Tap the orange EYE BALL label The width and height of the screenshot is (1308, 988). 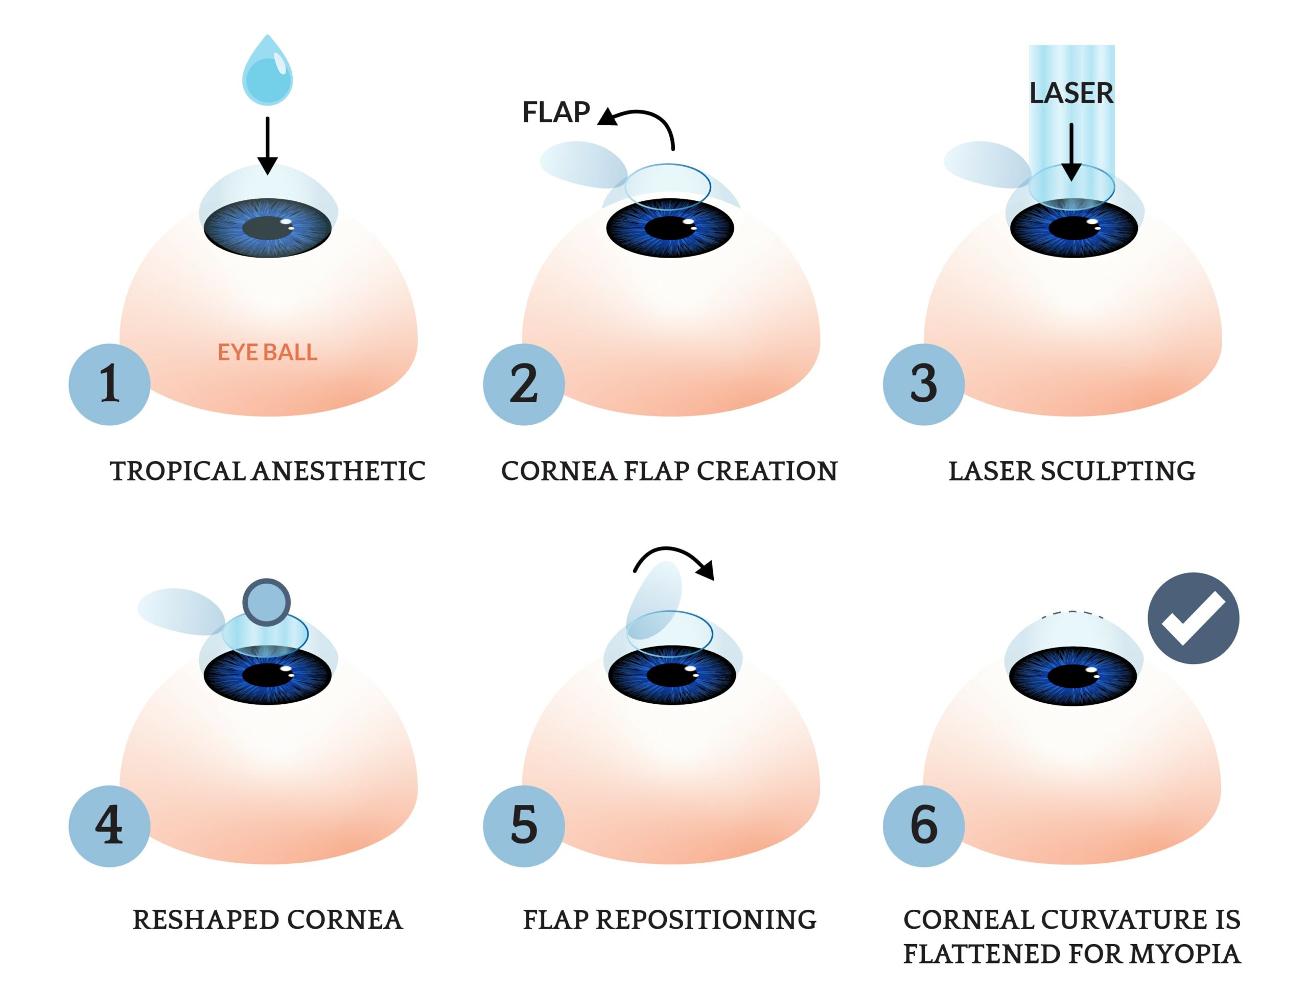pos(267,353)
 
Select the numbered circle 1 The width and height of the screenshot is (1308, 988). pos(109,384)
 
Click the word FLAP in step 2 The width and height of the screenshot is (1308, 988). pos(556,112)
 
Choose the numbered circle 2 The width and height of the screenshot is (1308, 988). pos(523,384)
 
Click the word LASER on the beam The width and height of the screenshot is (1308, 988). pos(1071,94)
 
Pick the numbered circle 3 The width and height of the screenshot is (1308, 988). pos(923,384)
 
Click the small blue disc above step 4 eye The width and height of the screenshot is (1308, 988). pos(267,602)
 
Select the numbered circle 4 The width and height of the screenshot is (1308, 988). pos(109,826)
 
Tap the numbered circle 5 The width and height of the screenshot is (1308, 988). pos(523,826)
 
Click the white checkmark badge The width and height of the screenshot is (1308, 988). pos(1193,618)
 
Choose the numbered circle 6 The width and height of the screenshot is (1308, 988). pos(923,826)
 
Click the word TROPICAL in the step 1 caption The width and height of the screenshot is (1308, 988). pos(177,472)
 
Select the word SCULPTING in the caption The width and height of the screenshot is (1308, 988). pos(1117,472)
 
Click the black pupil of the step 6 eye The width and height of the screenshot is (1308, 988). pos(1072,675)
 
